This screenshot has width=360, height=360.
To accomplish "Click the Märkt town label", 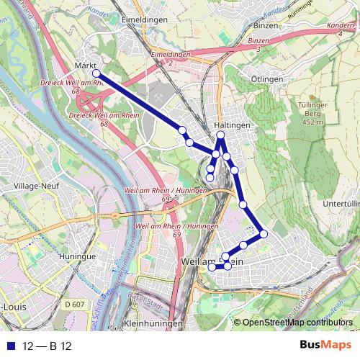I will point(86,66).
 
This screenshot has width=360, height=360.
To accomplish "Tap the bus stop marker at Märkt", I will point(96,73).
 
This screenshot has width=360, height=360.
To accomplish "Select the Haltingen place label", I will point(232,125).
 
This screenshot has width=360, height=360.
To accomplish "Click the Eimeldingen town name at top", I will point(145,19).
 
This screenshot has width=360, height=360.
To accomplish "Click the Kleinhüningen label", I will point(150,325).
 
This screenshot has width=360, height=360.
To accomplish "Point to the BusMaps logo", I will point(320,344).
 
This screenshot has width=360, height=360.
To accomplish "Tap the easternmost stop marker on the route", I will point(264,233).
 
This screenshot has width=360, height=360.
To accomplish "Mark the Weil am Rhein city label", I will point(212,261).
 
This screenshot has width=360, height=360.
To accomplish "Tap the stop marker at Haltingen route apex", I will point(221,135).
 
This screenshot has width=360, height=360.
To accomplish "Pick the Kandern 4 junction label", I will point(341,29).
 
